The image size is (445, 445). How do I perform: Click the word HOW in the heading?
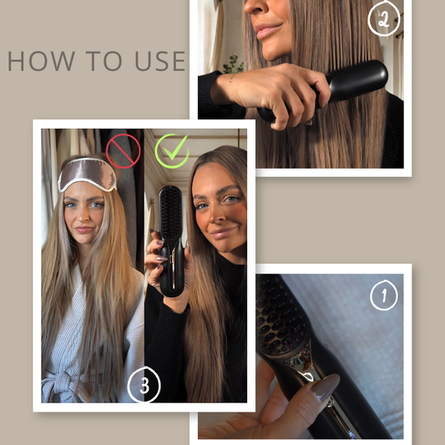pyautogui.click(x=41, y=61)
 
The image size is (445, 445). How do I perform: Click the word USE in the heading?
pyautogui.click(x=160, y=61)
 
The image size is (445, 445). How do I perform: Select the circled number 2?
pyautogui.click(x=384, y=19)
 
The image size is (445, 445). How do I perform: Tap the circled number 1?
pyautogui.click(x=384, y=296)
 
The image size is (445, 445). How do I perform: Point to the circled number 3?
pyautogui.click(x=144, y=385)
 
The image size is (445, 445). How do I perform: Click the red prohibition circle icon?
pyautogui.click(x=124, y=151)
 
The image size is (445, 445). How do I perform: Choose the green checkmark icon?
pyautogui.click(x=172, y=151)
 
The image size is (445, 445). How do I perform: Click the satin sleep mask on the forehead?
pyautogui.click(x=87, y=174)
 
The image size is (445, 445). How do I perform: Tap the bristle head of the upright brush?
pyautogui.click(x=170, y=211)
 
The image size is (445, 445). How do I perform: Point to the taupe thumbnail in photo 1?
pyautogui.click(x=326, y=387)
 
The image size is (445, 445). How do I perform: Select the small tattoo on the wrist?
pyautogui.click(x=231, y=78)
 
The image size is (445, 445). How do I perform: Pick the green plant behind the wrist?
pyautogui.click(x=233, y=65)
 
